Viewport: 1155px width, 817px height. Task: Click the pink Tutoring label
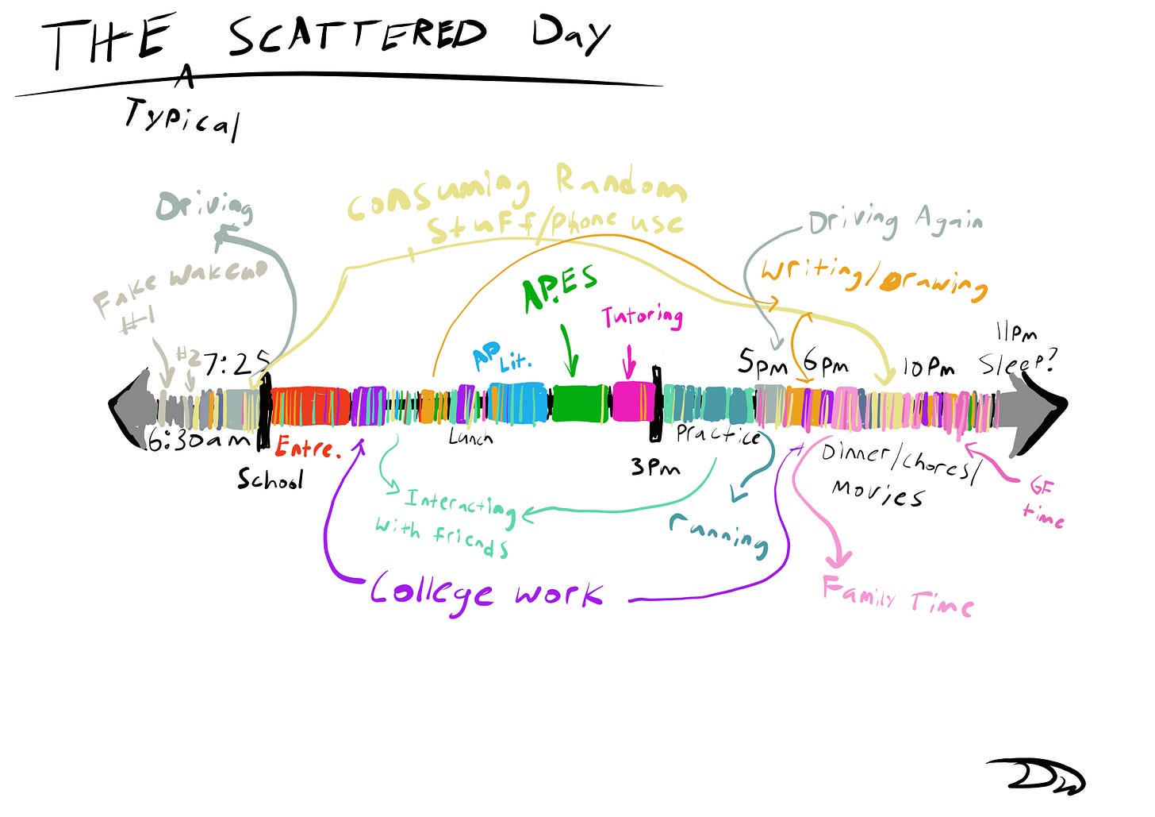coord(642,317)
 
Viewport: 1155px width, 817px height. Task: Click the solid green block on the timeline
coord(580,403)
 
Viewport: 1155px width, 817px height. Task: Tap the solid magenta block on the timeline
coord(632,401)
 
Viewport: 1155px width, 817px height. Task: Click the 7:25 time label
coord(236,364)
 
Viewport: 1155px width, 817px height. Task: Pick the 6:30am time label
coord(198,439)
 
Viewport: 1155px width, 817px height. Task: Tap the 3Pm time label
coord(655,467)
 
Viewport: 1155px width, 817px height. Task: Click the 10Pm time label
coord(928,367)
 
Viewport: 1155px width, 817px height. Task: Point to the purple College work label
coord(486,592)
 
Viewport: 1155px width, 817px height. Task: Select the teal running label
coord(719,534)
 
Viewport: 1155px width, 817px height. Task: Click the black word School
coord(270,479)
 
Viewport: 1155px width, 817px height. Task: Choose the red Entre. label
coord(308,448)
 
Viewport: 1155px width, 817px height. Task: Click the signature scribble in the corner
coord(1035,773)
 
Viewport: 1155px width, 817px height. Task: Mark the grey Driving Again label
coord(895,220)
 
